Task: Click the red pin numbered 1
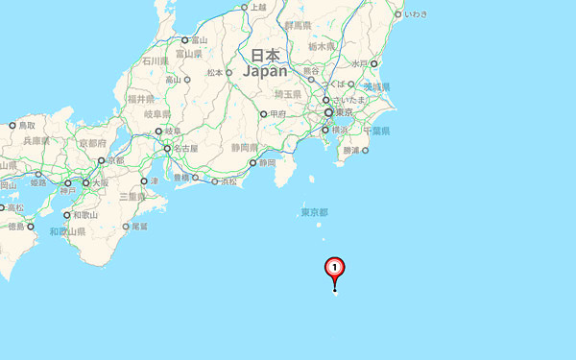[x=334, y=268]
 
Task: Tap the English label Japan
[x=265, y=71]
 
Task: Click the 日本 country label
[x=265, y=55]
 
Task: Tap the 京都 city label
[x=114, y=160]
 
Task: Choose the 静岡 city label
[x=269, y=162]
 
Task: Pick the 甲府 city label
[x=277, y=114]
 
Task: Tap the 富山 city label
[x=199, y=40]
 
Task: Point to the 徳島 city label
[x=15, y=228]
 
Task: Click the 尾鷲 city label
[x=139, y=227]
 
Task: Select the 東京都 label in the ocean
[x=314, y=212]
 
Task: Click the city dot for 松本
[x=228, y=72]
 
